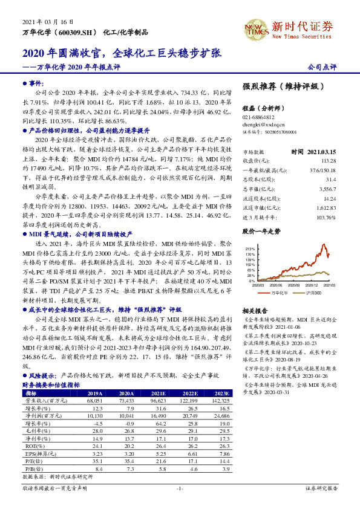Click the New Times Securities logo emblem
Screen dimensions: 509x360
[255, 28]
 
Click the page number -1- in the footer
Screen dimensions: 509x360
[180, 488]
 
